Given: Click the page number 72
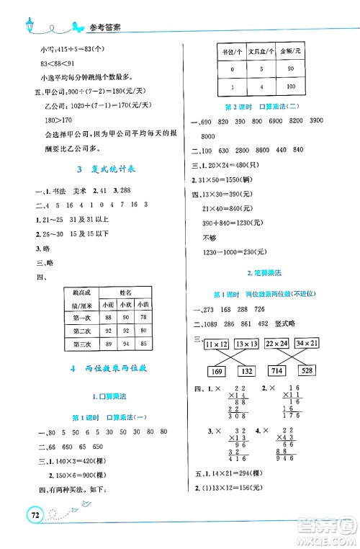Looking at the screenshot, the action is click(x=31, y=517).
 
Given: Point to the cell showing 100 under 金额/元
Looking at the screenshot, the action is click(x=291, y=87).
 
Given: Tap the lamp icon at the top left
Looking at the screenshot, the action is click(x=29, y=24).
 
